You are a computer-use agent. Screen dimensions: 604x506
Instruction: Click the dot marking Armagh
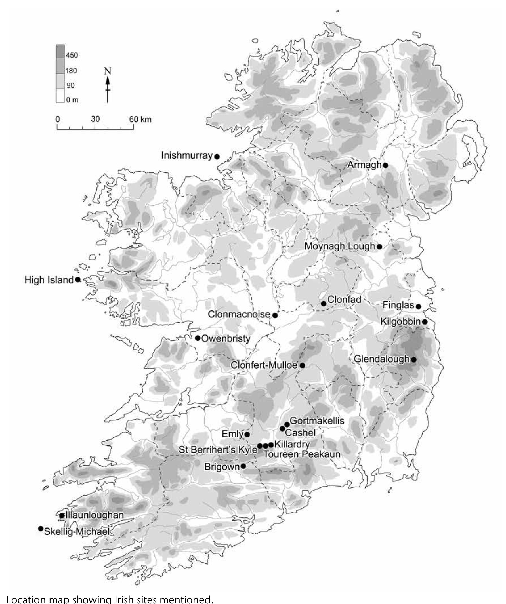[385, 165]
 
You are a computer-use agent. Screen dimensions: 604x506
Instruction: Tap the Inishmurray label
[187, 155]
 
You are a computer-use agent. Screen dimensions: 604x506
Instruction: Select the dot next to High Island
[77, 279]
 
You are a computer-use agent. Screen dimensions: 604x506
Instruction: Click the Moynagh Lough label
[340, 246]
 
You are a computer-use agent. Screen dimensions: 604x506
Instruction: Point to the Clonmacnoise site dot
[275, 315]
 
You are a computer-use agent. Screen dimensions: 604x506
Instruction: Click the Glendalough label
[381, 359]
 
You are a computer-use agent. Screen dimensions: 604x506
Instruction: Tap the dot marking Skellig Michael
[41, 528]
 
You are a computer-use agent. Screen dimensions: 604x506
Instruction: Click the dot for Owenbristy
[198, 338]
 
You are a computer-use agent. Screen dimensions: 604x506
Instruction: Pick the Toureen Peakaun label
[302, 454]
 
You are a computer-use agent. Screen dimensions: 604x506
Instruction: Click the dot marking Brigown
[243, 466]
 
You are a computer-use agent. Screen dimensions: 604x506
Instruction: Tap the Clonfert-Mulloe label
[264, 365]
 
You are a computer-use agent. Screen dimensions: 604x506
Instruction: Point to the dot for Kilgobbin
[425, 321]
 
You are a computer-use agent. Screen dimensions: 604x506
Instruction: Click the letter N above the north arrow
[108, 71]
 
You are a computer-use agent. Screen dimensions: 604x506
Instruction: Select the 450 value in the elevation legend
[72, 55]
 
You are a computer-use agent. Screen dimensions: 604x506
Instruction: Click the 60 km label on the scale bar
[140, 119]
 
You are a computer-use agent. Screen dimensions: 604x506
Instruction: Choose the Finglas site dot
[418, 307]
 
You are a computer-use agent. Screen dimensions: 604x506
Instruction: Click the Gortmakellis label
[317, 421]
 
